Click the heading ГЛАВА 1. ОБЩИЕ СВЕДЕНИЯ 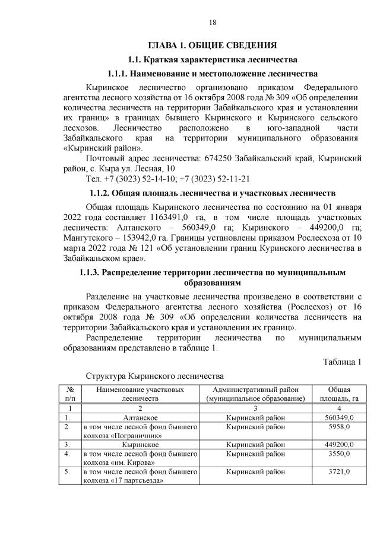pyautogui.click(x=213, y=44)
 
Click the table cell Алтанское pyautogui.click(x=140, y=417)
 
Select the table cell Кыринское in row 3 pyautogui.click(x=140, y=444)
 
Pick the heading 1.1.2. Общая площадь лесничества pyautogui.click(x=213, y=193)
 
